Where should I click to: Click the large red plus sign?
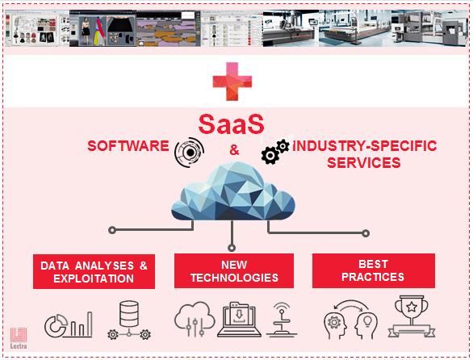(232, 82)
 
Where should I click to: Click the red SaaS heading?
(232, 124)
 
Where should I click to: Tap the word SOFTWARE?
(128, 146)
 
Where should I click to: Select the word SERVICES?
(364, 163)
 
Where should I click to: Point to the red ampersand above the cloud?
(234, 149)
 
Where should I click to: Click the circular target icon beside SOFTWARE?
(189, 153)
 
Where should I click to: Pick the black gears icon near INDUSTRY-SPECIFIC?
(275, 152)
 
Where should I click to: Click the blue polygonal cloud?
(233, 191)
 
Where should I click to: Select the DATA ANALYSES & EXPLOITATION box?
(94, 271)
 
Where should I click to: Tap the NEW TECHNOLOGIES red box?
(234, 271)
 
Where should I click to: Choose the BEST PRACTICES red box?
(374, 270)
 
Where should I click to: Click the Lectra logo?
(19, 338)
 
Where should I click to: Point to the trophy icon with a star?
(412, 316)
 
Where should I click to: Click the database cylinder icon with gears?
(129, 320)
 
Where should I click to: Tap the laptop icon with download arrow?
(239, 320)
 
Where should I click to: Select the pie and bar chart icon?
(69, 325)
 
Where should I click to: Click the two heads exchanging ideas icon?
(350, 320)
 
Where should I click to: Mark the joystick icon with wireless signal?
(282, 320)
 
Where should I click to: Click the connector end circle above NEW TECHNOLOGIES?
(232, 248)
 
